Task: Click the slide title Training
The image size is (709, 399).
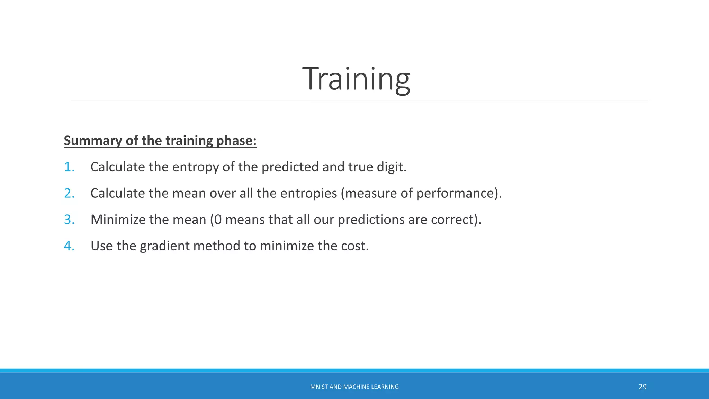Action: [x=356, y=79]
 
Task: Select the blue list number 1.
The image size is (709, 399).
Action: [x=69, y=167]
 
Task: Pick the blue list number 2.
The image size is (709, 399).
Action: [x=69, y=193]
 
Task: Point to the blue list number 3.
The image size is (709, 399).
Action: [x=69, y=220]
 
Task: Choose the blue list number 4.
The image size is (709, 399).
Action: [x=69, y=246]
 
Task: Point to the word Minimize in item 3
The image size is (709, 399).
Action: [x=118, y=220]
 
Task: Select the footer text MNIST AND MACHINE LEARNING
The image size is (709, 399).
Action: [x=354, y=387]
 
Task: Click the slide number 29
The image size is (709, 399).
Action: [x=643, y=387]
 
